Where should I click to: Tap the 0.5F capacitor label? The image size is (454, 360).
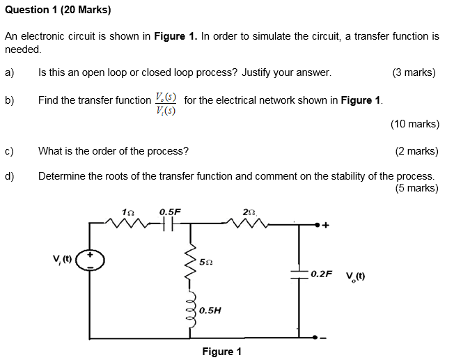click(170, 211)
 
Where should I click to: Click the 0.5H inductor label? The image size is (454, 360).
click(210, 311)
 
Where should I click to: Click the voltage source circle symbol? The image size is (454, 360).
click(90, 260)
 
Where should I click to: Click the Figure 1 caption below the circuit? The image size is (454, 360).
click(221, 351)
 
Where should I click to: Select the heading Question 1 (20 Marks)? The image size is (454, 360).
click(57, 10)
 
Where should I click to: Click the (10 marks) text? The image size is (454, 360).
click(415, 124)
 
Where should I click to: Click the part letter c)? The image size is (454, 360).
click(9, 150)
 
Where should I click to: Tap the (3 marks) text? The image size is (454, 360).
click(414, 72)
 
